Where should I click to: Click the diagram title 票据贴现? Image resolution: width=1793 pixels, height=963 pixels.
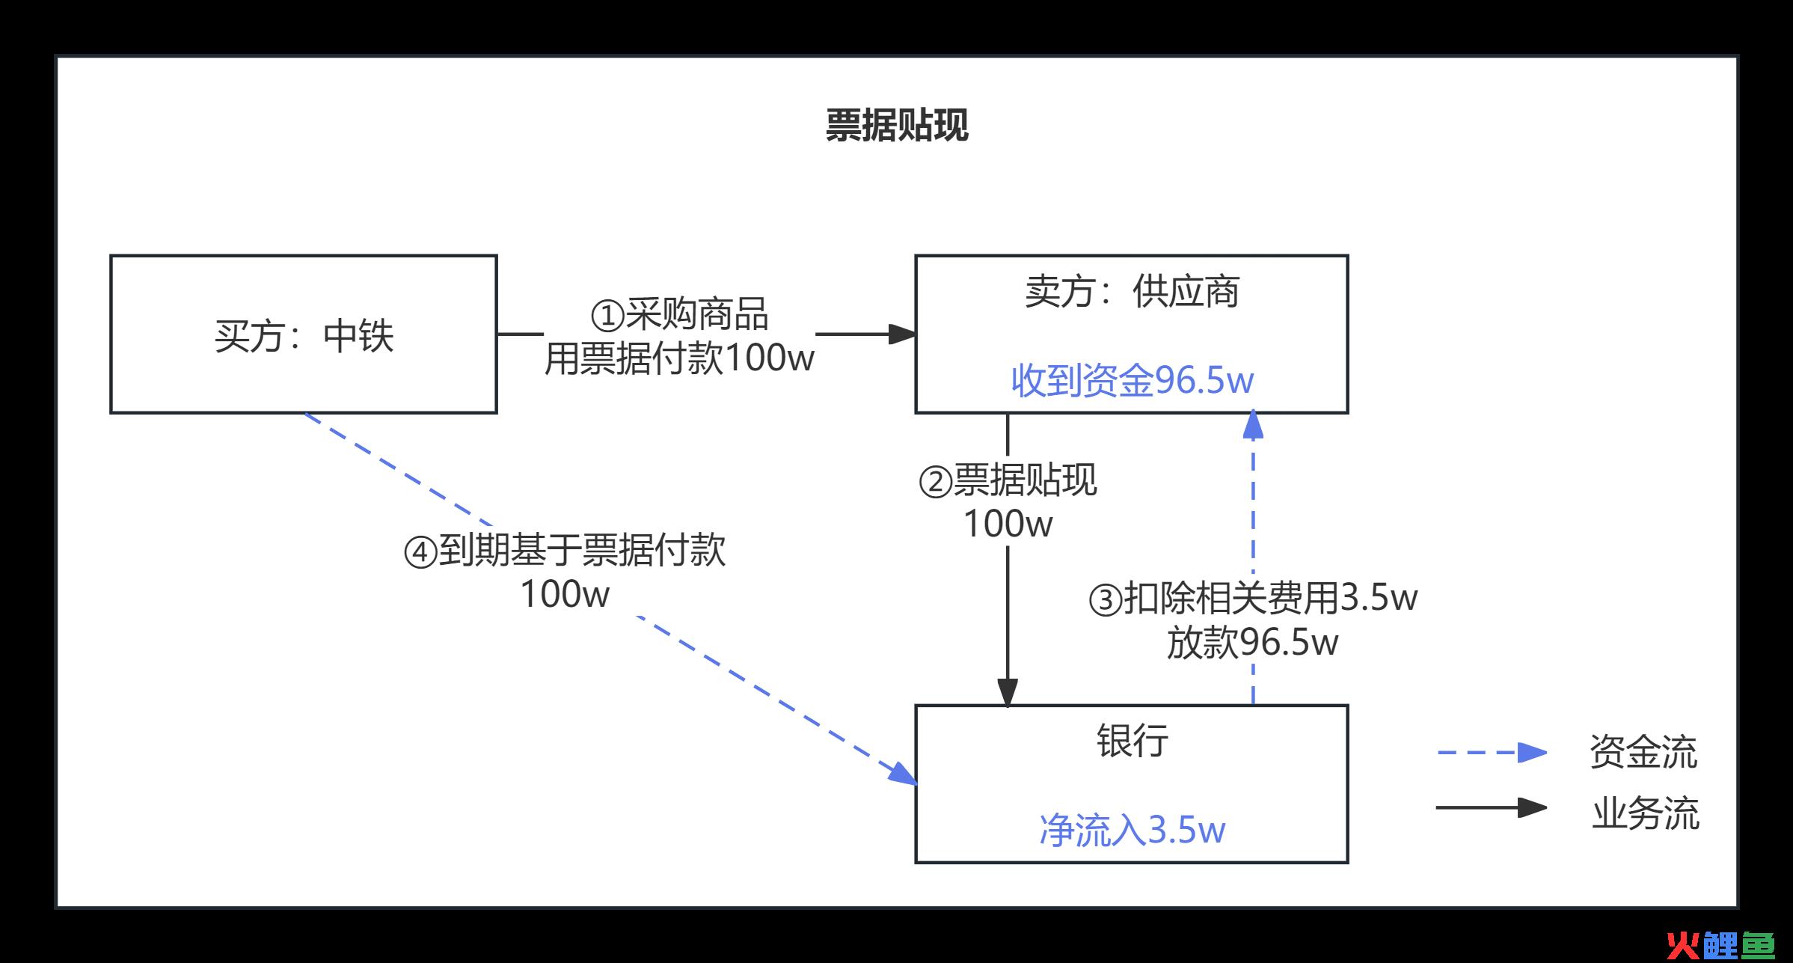click(897, 125)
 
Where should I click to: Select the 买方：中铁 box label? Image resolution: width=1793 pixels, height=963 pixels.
click(304, 336)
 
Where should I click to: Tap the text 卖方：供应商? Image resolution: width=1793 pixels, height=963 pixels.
click(1132, 292)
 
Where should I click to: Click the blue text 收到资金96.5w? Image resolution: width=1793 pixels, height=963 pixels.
click(1132, 380)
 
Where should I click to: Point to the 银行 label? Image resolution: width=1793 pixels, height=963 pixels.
click(1132, 741)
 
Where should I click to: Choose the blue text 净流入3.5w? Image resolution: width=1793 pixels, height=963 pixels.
click(1132, 830)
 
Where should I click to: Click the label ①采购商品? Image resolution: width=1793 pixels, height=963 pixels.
click(679, 314)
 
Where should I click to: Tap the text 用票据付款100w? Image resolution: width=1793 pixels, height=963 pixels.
click(679, 358)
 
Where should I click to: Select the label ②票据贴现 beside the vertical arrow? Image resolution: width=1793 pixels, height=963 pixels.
click(1008, 480)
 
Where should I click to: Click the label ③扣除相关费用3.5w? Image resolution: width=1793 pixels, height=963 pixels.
click(1253, 598)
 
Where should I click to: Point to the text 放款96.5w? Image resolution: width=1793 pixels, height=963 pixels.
click(1253, 642)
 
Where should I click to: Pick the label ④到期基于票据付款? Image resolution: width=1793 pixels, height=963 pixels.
click(565, 551)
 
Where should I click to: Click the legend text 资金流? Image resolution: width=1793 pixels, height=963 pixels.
click(1643, 751)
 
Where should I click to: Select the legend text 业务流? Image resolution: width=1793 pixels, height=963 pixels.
click(1645, 813)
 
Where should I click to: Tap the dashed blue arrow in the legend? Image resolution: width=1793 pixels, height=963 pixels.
click(1492, 752)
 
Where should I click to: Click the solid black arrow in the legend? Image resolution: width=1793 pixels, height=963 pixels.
click(1492, 807)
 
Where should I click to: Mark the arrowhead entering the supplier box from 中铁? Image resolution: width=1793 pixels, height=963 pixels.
click(903, 334)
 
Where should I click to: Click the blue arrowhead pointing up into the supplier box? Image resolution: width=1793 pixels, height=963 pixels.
click(1253, 424)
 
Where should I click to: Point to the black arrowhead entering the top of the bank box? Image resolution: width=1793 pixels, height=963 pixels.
click(1008, 692)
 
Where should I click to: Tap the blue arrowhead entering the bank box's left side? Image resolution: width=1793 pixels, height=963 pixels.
click(904, 774)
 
